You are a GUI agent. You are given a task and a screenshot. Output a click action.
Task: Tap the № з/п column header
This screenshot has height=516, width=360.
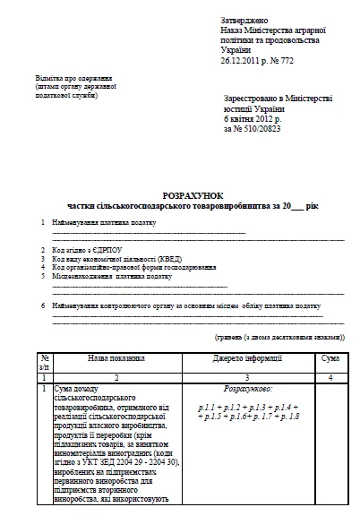tap(44, 361)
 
